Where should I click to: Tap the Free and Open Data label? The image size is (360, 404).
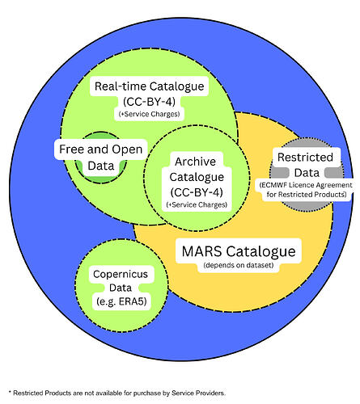(x=99, y=158)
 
